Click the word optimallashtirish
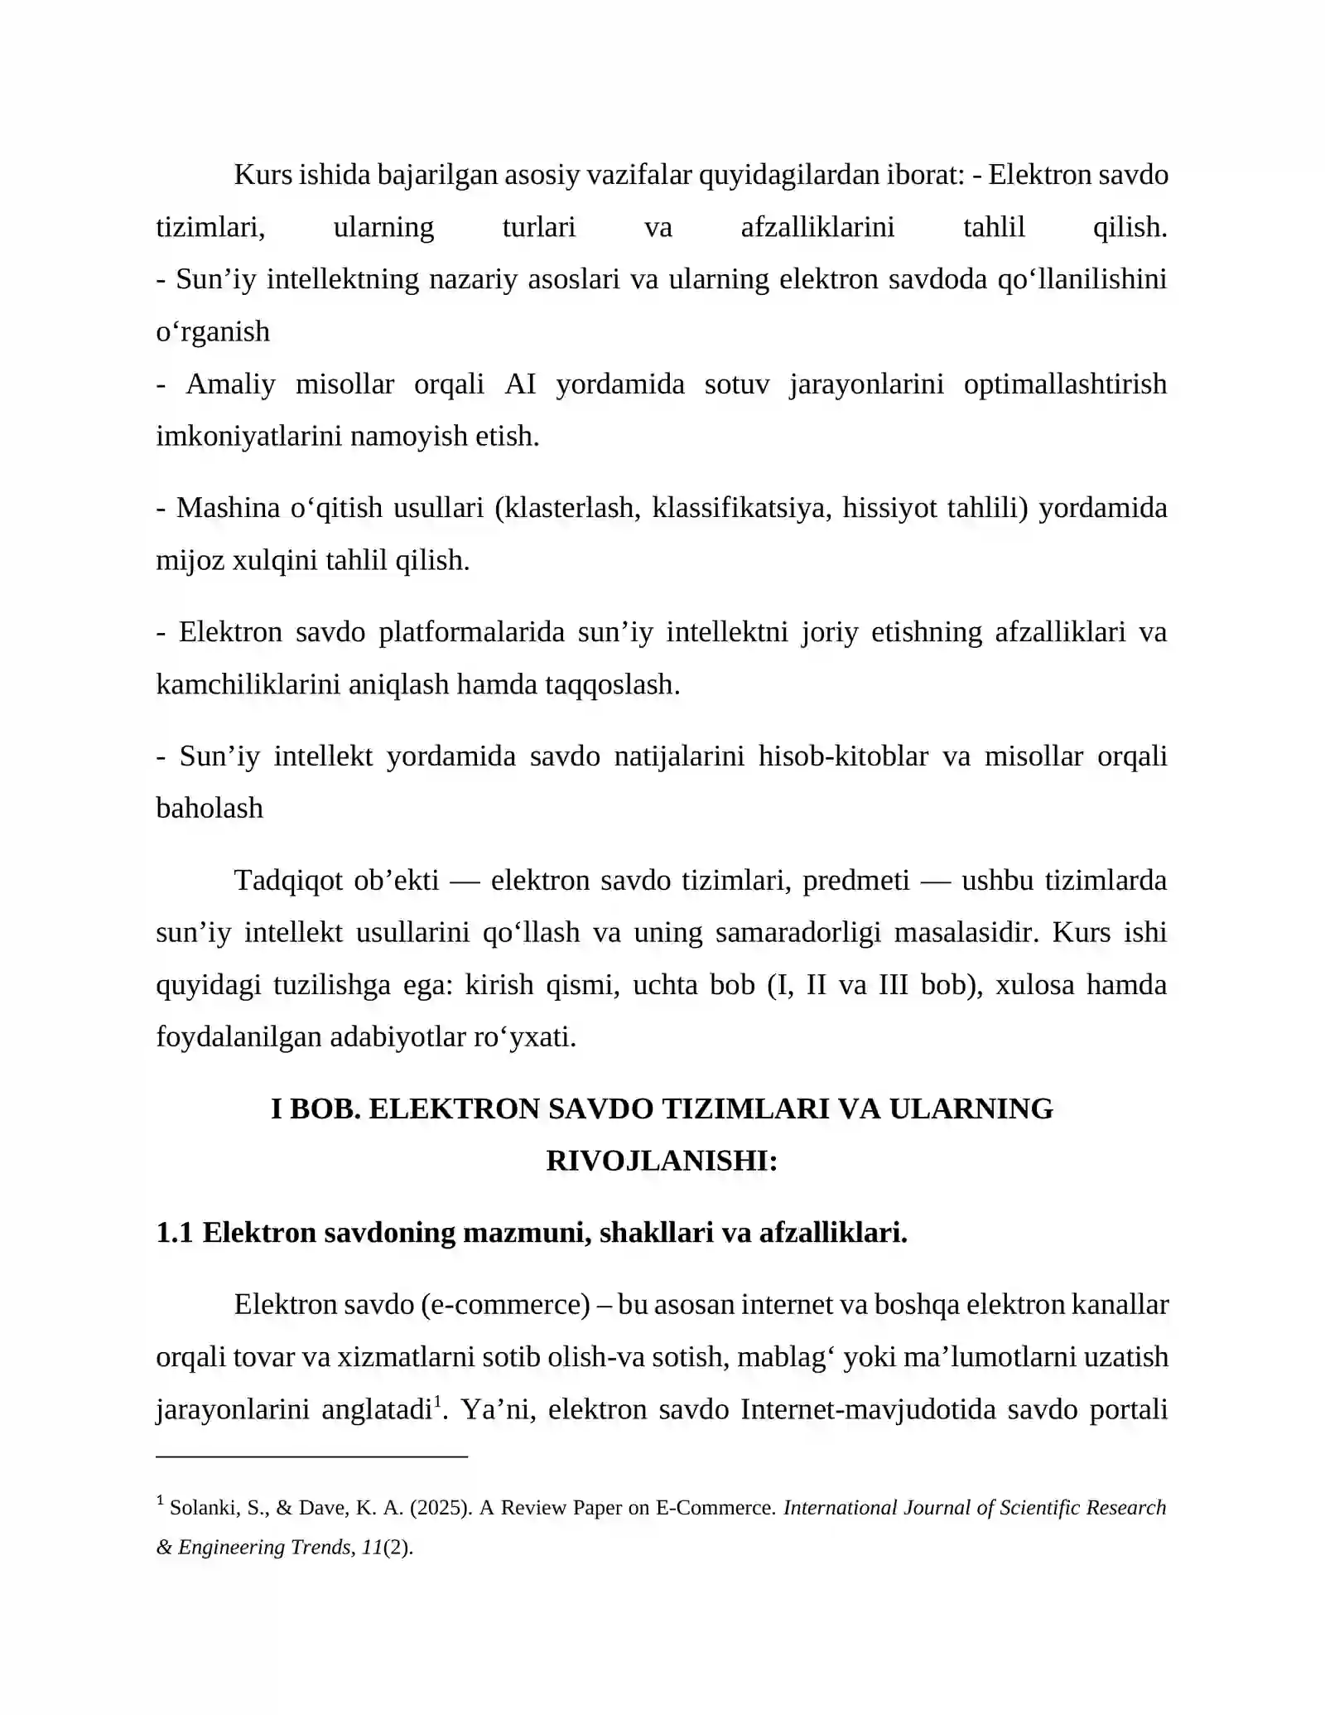point(1065,384)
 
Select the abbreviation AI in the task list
point(520,384)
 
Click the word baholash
point(210,809)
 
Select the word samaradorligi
point(797,933)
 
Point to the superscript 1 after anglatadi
point(437,1400)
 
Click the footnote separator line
point(311,1456)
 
